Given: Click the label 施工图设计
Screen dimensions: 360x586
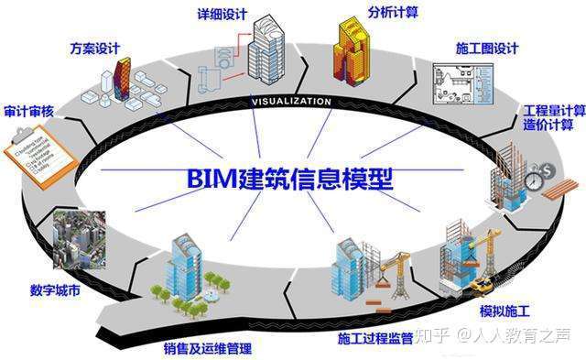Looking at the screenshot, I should tap(487, 47).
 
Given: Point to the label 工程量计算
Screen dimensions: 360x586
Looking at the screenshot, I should tap(554, 109).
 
